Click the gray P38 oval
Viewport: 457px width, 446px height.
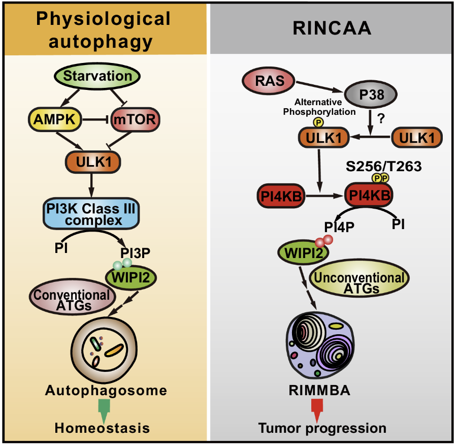pyautogui.click(x=372, y=94)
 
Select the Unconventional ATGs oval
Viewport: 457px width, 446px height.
pyautogui.click(x=360, y=281)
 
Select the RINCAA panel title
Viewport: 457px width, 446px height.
pyautogui.click(x=332, y=27)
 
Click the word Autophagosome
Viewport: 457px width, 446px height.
pyautogui.click(x=106, y=391)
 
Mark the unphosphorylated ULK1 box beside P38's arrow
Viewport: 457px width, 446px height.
pyautogui.click(x=417, y=137)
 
